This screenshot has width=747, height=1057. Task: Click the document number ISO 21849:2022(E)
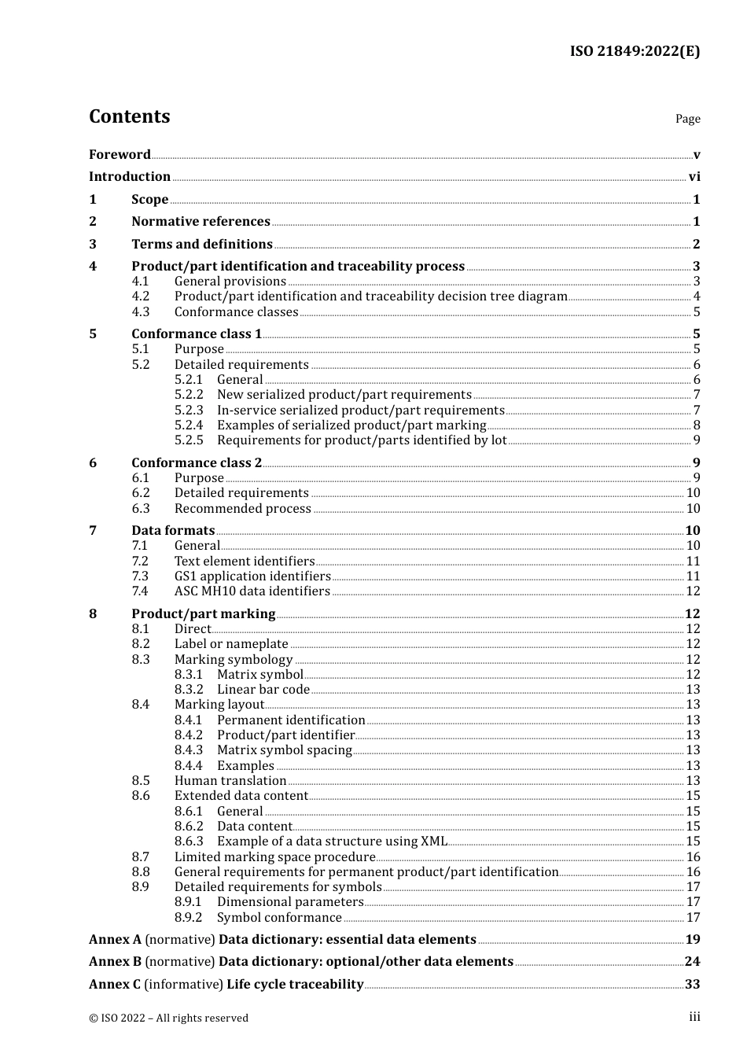635,52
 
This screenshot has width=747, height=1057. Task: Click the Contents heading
129,116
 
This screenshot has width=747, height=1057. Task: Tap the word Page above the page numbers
687,119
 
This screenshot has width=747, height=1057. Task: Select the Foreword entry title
120,154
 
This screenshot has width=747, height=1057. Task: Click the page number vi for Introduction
694,177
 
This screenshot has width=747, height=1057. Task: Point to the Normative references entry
201,222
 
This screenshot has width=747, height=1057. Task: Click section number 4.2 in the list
140,296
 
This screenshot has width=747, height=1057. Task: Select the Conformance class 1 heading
197,334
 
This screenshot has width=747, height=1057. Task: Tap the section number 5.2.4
189,425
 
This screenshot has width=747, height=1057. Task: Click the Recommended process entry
243,509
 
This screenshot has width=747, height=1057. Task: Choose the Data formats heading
173,531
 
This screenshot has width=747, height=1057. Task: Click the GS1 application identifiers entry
252,576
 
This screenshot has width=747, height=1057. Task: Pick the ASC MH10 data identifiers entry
252,591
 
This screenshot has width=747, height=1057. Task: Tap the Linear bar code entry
263,690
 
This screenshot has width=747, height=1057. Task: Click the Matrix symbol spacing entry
285,750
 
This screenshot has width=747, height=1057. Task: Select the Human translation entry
230,781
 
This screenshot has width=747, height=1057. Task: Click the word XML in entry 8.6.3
434,842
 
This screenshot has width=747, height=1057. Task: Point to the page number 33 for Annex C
693,985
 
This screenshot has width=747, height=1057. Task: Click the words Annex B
115,962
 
